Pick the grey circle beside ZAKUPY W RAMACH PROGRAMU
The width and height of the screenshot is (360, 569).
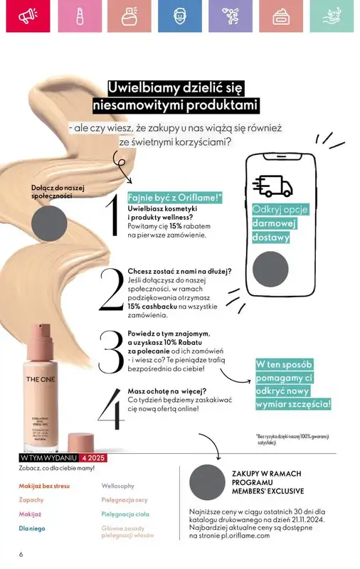coord(208,482)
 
